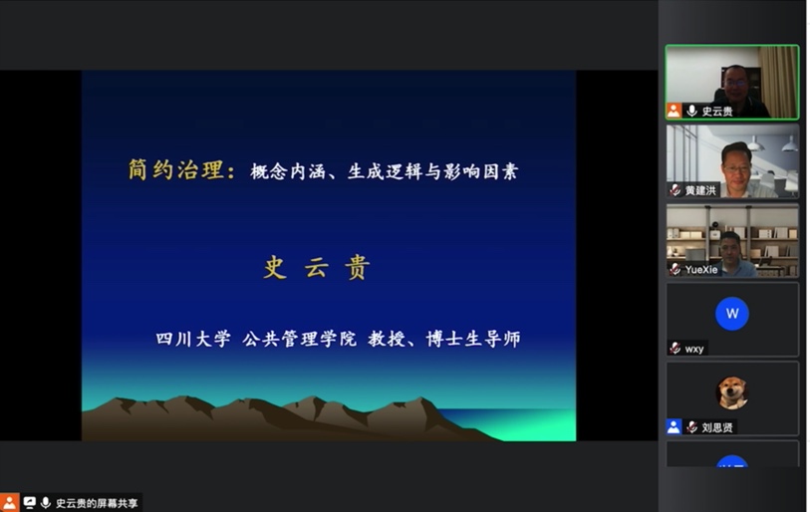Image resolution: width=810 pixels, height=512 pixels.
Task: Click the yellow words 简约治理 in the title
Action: pos(176,169)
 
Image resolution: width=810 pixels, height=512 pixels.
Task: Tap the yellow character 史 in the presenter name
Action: pos(275,268)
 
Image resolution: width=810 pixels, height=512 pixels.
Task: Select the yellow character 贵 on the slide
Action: pos(357,268)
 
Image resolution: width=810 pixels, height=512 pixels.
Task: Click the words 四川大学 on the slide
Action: pos(193,339)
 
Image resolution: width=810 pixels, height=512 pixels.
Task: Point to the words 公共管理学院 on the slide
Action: pos(299,339)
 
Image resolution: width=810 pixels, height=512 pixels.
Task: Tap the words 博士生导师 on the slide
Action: pos(473,339)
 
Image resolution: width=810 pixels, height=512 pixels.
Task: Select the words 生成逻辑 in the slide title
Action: pos(385,171)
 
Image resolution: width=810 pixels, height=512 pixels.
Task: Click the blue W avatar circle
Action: pos(732,314)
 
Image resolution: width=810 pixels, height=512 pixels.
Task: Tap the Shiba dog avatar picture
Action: pos(732,392)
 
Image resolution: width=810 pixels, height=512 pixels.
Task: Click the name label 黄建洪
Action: pos(700,190)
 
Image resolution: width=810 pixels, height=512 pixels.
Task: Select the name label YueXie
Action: pos(701,270)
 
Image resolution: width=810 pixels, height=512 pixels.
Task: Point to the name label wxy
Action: pos(694,350)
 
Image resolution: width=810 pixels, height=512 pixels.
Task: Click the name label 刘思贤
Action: pos(717,427)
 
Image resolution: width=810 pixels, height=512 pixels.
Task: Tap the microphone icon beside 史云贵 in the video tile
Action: pos(691,111)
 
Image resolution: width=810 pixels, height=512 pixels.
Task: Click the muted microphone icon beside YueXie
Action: pos(675,269)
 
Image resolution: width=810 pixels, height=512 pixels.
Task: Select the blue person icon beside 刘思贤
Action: pos(674,426)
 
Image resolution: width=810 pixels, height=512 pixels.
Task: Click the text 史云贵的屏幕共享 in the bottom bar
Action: pos(97,503)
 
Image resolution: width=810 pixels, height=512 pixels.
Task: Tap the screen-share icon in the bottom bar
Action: pos(30,502)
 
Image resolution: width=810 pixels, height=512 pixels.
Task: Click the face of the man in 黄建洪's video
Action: pos(737,166)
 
